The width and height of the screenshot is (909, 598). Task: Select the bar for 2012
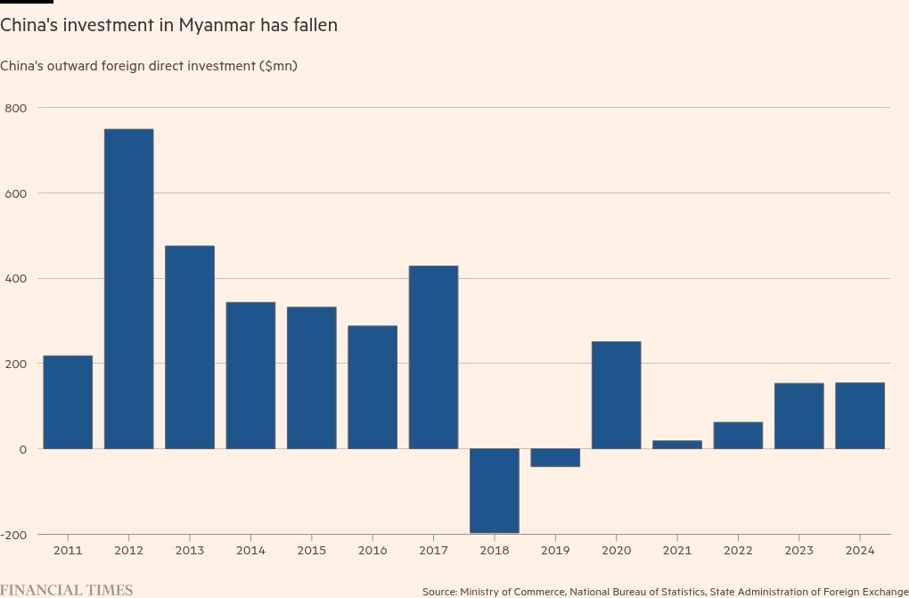128,289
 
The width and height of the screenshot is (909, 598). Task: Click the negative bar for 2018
494,490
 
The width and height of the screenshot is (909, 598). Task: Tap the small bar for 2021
676,444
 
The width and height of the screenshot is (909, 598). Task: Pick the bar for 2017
433,356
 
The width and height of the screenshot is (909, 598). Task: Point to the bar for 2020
616,395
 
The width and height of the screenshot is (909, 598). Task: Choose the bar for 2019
555,457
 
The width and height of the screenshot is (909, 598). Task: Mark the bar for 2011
68,402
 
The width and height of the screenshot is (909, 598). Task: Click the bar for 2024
860,415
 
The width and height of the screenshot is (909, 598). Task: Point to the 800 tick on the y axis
17,108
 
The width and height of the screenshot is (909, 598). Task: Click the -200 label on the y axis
15,534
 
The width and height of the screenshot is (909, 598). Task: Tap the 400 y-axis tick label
17,278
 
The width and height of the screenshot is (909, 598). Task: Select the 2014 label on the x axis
250,551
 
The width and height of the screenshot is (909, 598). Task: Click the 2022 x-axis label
738,551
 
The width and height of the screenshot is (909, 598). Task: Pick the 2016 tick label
373,551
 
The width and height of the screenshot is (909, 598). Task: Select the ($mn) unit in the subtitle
278,66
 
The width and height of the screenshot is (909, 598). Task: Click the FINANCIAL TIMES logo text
67,590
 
